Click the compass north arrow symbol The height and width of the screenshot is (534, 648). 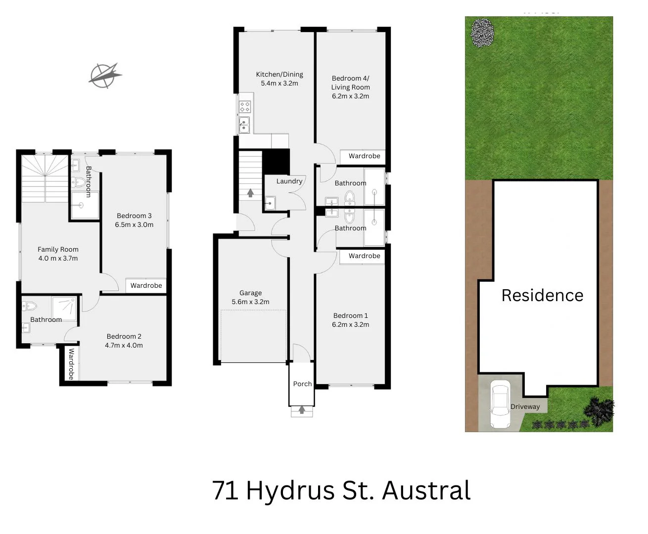(x=105, y=76)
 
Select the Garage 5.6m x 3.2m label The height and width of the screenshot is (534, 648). (x=251, y=297)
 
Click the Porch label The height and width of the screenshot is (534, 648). (x=302, y=384)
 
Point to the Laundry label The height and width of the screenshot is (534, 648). (x=289, y=181)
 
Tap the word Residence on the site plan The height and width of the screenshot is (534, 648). (x=542, y=295)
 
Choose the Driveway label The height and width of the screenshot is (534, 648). (x=525, y=406)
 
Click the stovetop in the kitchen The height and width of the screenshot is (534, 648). (x=245, y=106)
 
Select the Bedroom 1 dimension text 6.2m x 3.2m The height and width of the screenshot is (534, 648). (x=350, y=324)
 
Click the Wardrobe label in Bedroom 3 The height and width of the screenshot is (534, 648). (x=146, y=285)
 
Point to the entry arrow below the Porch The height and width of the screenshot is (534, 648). (x=302, y=410)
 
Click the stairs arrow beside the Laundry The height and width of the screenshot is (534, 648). (x=250, y=192)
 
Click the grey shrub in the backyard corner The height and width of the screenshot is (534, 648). (x=482, y=33)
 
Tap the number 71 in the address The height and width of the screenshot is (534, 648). (x=225, y=490)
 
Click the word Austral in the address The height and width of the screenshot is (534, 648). (x=426, y=490)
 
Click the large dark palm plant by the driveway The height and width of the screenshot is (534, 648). (x=600, y=410)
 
